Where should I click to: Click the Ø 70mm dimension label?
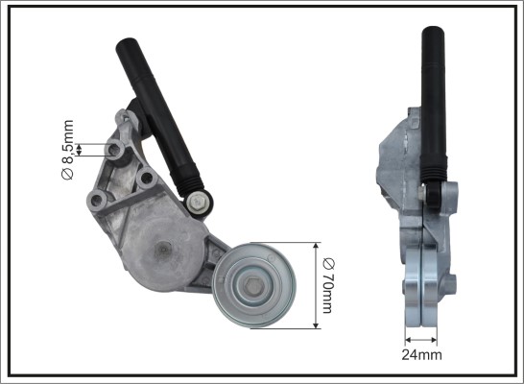(x=328, y=286)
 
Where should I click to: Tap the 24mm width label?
(x=421, y=354)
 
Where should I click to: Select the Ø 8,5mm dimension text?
(x=68, y=150)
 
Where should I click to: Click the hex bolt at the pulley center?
(x=252, y=286)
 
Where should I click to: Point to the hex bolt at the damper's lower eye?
(x=198, y=202)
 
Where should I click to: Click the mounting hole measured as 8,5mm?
(x=114, y=150)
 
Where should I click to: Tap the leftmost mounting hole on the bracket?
(x=97, y=201)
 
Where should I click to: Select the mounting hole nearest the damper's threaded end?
(x=147, y=178)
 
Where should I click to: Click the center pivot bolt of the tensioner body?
(x=164, y=249)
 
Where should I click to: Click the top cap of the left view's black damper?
(x=127, y=45)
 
